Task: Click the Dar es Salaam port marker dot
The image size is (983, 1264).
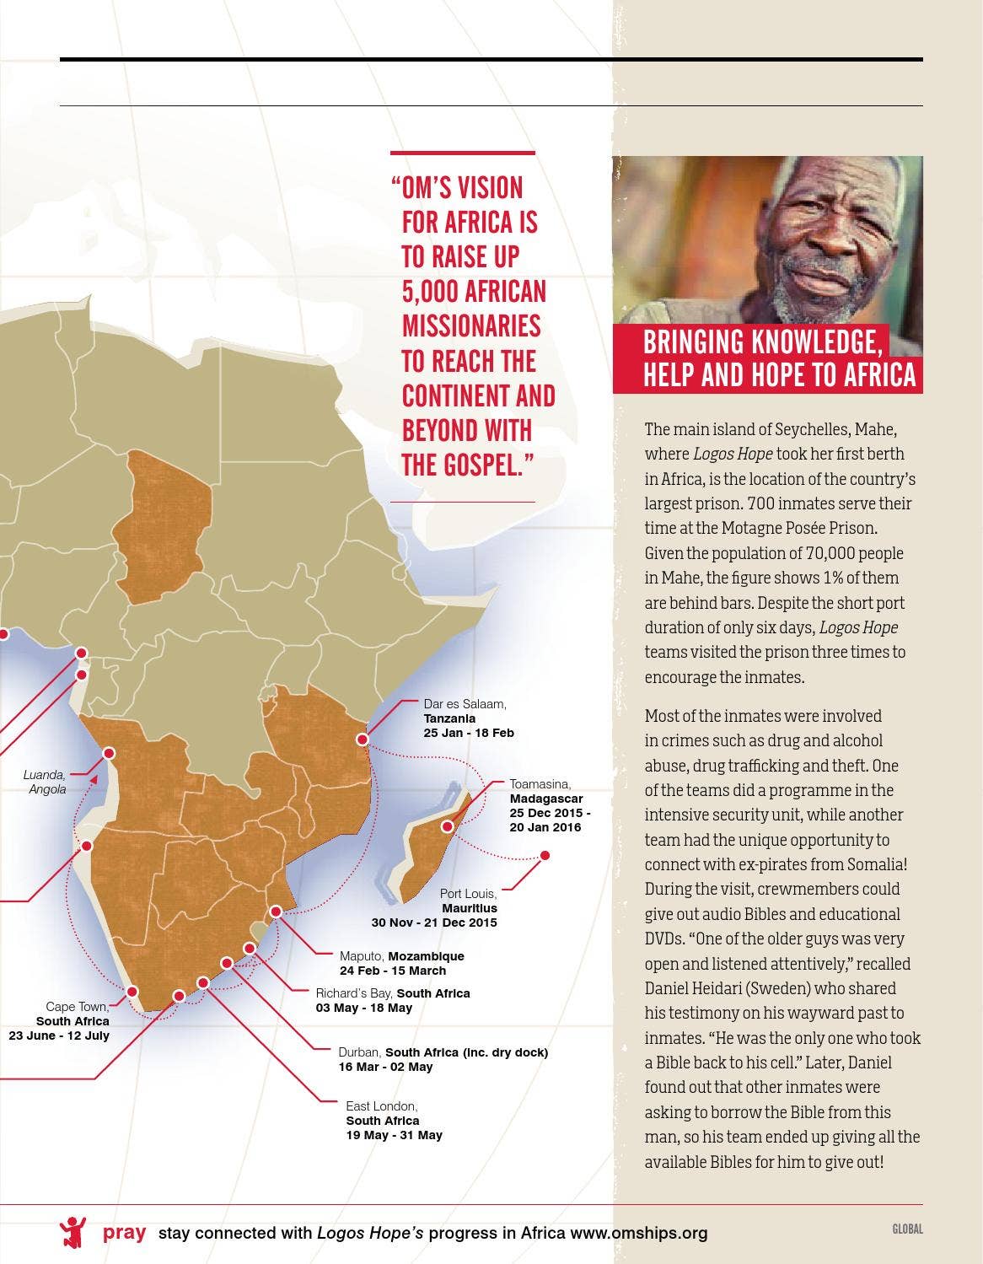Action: coord(363,740)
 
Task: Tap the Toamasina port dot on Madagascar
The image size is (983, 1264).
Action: coord(448,827)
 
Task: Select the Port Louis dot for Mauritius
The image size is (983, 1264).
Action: coord(545,856)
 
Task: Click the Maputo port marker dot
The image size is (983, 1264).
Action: coord(276,912)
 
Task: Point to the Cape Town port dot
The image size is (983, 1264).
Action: coord(132,992)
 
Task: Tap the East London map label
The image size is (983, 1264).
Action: coord(381,1105)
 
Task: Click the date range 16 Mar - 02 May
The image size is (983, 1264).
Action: coord(385,1067)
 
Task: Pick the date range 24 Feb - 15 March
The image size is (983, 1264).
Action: coord(393,971)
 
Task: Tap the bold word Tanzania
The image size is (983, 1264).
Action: coord(449,718)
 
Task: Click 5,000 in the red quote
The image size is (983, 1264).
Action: coord(432,292)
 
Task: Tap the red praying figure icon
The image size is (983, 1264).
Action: coord(73,1232)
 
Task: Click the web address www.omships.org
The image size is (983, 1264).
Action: coord(638,1233)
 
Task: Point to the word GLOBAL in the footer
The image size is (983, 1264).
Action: coord(907,1229)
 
